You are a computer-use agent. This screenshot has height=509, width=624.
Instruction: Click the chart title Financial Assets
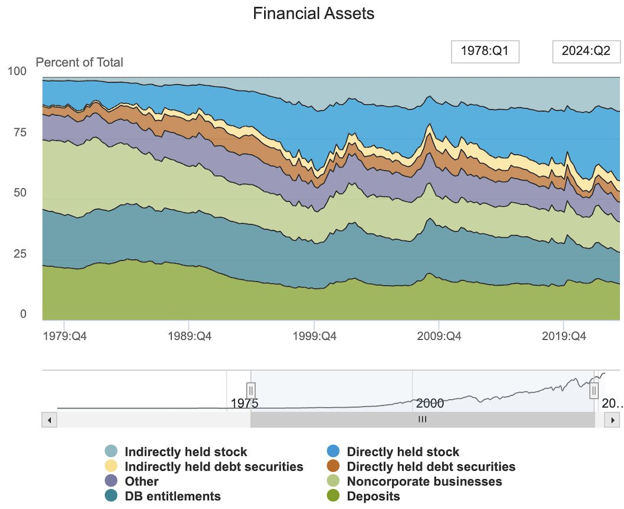313,14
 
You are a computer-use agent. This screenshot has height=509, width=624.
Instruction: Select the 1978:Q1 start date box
485,52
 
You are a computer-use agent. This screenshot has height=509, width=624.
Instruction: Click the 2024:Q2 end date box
586,52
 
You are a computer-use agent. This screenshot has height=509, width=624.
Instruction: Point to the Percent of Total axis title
80,62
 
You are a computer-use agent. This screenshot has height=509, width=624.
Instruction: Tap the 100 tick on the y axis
17,71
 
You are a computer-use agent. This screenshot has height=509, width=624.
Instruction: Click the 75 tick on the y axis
20,132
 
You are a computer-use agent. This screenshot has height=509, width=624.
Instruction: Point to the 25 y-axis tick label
20,254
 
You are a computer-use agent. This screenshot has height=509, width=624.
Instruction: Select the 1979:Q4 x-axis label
65,337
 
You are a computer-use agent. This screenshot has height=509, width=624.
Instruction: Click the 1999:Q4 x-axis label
314,337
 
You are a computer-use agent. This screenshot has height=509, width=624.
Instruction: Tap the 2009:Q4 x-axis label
439,337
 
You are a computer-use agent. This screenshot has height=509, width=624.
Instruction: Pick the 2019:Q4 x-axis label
563,337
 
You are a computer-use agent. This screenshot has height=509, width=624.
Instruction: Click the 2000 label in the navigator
430,404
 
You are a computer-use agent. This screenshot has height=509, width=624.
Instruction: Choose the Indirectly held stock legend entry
185,452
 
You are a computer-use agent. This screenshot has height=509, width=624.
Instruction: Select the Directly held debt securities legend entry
431,467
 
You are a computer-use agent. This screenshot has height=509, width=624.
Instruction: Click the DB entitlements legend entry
172,496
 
